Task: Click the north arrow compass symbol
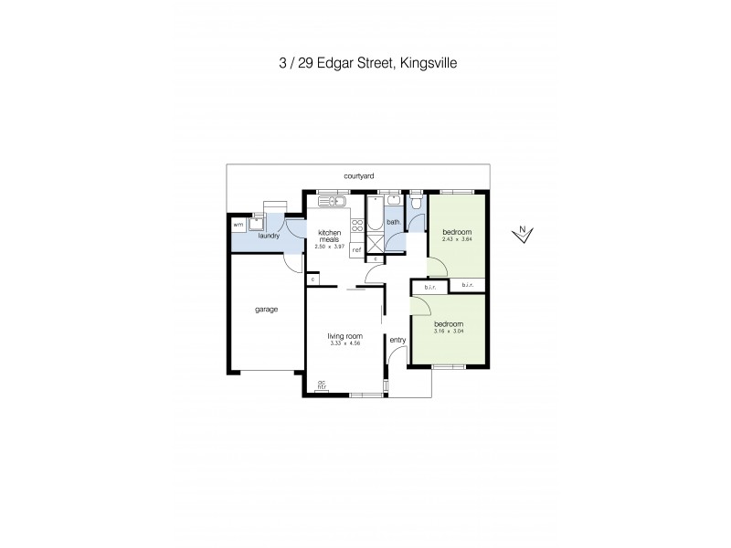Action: coord(522,234)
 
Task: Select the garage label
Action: coord(266,309)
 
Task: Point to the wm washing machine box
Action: coord(238,224)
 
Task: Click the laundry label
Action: coord(268,237)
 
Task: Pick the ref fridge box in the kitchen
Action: coord(356,248)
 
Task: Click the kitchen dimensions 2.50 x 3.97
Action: coord(329,246)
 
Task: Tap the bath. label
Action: coord(394,222)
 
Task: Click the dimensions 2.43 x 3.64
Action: coord(455,239)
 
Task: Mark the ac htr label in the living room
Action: coord(322,385)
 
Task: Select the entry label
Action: coord(397,340)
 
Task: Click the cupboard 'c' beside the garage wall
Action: coord(313,279)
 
